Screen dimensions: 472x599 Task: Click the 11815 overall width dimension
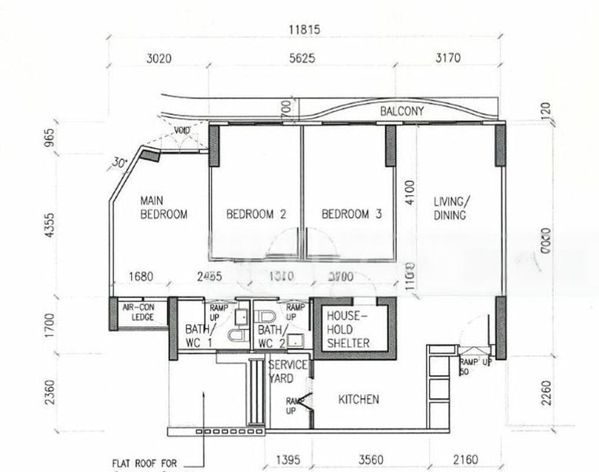click(x=305, y=31)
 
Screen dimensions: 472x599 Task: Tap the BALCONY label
click(x=402, y=112)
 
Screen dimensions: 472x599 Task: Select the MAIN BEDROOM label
click(x=164, y=207)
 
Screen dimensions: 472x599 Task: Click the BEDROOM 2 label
click(x=255, y=214)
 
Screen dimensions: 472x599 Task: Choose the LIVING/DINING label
click(x=451, y=208)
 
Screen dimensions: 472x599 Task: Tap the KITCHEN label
click(x=358, y=400)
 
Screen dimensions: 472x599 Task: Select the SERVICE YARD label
click(x=288, y=372)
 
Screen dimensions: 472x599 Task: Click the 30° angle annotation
click(x=119, y=163)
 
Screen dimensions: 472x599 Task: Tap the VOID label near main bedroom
click(x=182, y=131)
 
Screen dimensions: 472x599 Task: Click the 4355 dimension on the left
click(x=51, y=225)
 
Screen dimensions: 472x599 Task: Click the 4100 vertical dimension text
click(x=408, y=192)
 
